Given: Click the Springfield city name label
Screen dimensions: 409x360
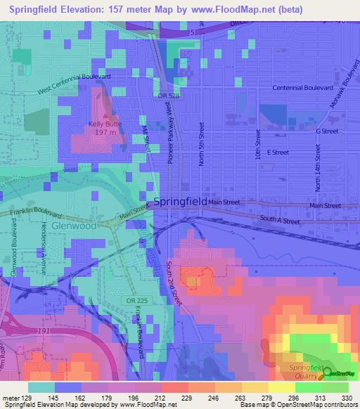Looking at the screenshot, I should coord(180,201).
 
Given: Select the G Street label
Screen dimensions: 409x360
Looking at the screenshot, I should coord(327,131).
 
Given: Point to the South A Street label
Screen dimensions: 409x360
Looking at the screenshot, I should coord(279,221).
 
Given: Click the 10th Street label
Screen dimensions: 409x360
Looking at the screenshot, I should coord(258,143).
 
